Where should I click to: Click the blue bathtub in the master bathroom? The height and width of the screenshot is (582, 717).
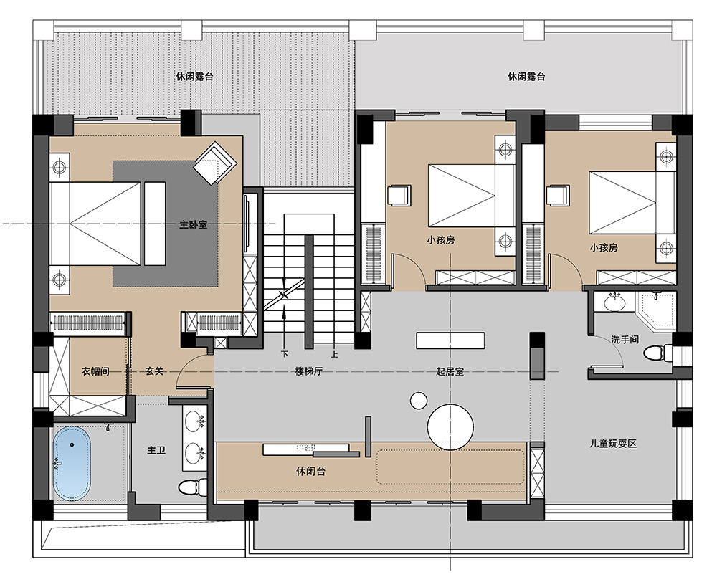coord(72,464)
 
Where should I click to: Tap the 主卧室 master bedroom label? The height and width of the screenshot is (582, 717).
coord(193,224)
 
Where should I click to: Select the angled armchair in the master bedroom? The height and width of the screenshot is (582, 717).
coord(215,163)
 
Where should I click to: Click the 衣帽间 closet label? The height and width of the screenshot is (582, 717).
coord(95,371)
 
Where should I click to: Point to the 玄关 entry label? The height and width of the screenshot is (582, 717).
coord(154,371)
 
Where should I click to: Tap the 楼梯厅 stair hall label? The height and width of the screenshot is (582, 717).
coord(308,371)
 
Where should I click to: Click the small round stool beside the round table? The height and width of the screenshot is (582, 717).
coord(419,401)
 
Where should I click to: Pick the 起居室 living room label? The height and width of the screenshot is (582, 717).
coord(450,371)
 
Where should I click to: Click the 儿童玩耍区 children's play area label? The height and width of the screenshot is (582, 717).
coord(613,444)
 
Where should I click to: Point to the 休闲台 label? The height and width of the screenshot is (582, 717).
coord(311,471)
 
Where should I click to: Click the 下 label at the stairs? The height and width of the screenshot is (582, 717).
coord(285,354)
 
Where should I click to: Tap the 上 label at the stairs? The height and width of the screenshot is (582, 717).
coord(335,354)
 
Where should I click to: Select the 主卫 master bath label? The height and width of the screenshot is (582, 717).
coord(156,450)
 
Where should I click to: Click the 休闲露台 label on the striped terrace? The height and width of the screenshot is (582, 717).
coord(195,77)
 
